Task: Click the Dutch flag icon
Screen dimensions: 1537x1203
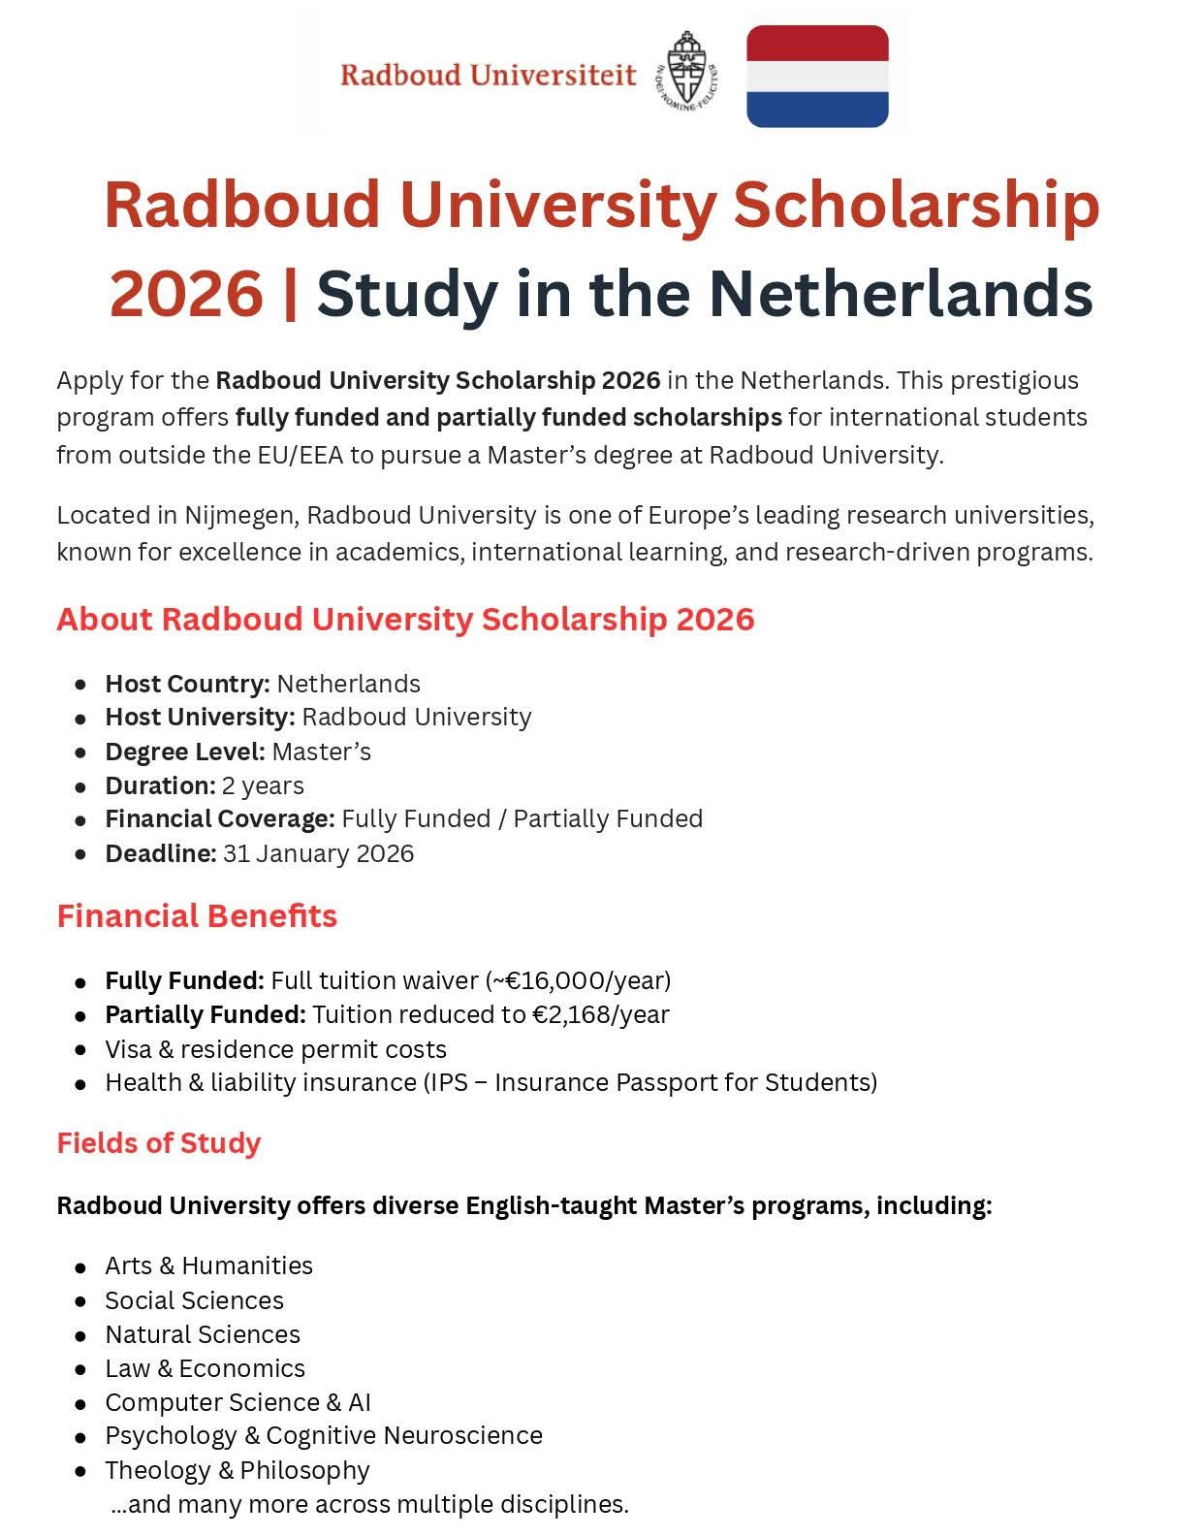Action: coord(817,77)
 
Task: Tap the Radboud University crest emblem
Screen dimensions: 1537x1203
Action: coord(688,70)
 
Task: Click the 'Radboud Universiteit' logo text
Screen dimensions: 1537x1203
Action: coord(488,76)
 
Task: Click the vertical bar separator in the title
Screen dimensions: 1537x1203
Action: coord(289,293)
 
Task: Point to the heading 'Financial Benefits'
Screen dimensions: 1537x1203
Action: coord(197,916)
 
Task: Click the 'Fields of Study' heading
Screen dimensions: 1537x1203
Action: coord(159,1143)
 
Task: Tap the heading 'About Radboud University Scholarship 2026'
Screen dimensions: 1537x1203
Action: coord(405,619)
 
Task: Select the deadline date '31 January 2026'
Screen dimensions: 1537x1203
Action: coord(318,853)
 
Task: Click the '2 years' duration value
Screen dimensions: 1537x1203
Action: coord(263,785)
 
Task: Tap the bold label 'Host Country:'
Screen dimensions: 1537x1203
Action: coord(187,684)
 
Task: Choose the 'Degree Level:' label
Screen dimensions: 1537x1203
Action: coord(185,752)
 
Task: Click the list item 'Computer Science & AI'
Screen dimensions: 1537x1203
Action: coord(237,1402)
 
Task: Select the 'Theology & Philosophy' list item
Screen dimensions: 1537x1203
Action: coord(237,1470)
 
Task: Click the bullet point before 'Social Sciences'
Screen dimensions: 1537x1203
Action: coord(80,1301)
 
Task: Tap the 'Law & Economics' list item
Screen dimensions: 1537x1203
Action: coord(205,1368)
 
